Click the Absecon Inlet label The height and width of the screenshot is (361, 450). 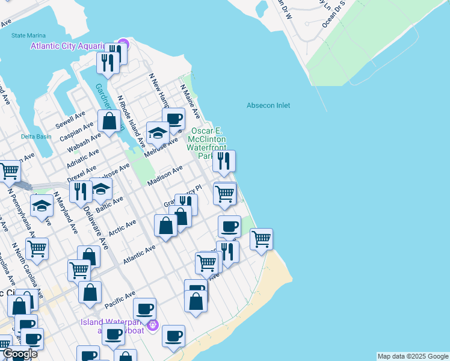click(268, 106)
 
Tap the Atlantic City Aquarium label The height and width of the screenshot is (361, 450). click(69, 45)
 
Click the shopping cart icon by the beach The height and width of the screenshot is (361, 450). click(261, 239)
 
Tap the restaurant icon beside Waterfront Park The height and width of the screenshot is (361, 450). click(224, 161)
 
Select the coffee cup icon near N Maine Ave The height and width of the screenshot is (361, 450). click(174, 119)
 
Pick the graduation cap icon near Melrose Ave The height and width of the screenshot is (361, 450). click(158, 132)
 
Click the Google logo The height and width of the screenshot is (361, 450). click(19, 354)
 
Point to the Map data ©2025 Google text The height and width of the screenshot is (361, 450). click(412, 356)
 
